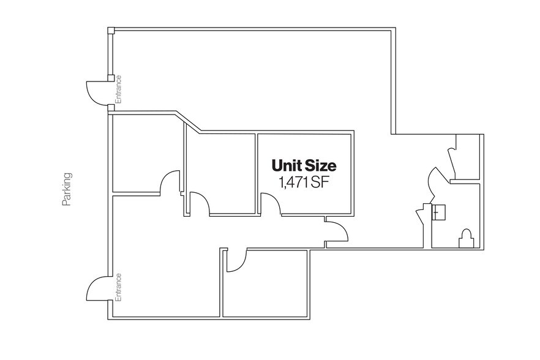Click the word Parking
67,190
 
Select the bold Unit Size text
304,165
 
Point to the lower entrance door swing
97,288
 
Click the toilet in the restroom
467,238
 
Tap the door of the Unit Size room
271,204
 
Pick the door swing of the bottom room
236,260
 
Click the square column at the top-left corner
110,31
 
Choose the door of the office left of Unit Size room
199,203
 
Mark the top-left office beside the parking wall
144,153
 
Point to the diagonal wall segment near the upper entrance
190,121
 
